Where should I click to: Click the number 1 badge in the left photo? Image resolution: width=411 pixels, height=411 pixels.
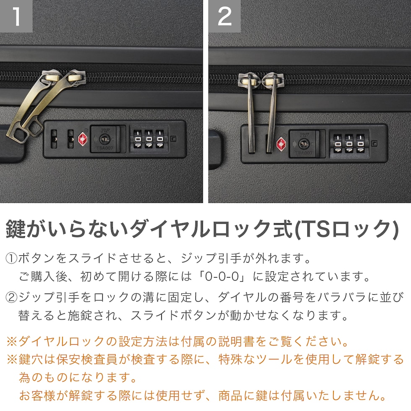(x=16, y=16)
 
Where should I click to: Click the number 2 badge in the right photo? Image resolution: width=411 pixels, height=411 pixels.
(x=225, y=16)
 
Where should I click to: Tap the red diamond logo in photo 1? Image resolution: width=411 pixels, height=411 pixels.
(x=83, y=139)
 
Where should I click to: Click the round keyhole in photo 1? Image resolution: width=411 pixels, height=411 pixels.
(x=105, y=139)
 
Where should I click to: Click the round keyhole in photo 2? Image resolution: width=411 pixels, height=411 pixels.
(x=304, y=144)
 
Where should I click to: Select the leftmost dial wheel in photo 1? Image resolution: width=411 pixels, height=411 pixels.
(x=138, y=139)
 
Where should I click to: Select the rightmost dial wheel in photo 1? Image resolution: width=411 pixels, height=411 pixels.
(x=160, y=139)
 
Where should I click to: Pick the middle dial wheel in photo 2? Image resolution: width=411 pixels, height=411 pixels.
(x=349, y=143)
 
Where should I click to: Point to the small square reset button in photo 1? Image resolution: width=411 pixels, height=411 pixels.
(x=173, y=139)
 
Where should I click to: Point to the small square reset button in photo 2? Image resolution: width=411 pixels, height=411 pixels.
(x=375, y=143)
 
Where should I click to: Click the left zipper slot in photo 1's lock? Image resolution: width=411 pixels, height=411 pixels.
(x=54, y=139)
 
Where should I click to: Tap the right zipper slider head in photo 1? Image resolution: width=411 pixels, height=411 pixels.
(x=76, y=77)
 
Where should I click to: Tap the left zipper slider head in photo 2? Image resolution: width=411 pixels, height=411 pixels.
(x=247, y=81)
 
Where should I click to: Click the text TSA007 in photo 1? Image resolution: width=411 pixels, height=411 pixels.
(x=105, y=148)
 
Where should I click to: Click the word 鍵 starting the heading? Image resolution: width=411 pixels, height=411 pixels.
(x=16, y=229)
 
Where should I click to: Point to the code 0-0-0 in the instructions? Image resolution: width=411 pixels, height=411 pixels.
(x=222, y=276)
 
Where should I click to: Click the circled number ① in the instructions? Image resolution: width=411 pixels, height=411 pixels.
(x=12, y=258)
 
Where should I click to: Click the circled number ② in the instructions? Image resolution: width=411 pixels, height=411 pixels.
(x=12, y=297)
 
